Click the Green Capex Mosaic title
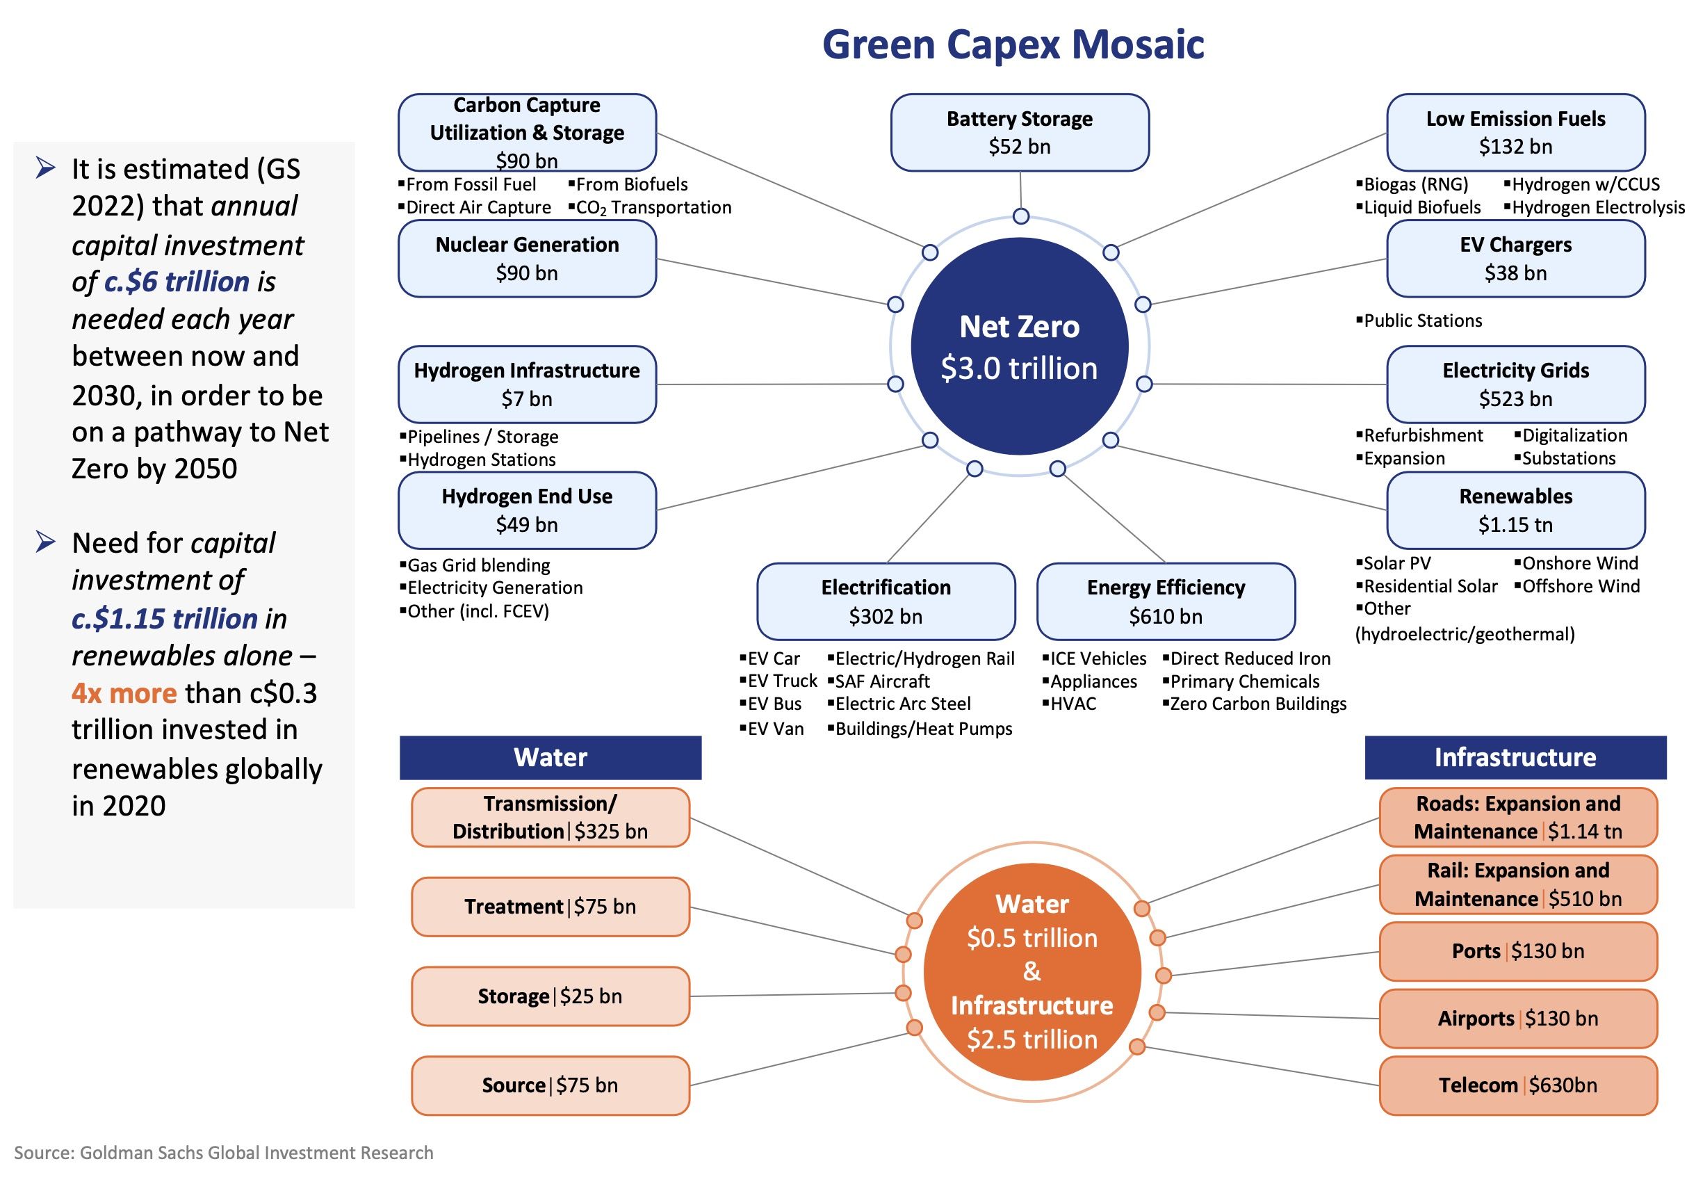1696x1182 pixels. tap(1013, 44)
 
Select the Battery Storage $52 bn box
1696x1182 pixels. tap(1020, 133)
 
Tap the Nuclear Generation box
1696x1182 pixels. tap(527, 259)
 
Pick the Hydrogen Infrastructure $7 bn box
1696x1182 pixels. tap(527, 384)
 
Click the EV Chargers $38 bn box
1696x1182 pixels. tap(1515, 259)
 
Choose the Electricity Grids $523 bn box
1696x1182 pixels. tap(1515, 384)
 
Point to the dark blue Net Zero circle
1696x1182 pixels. tap(1020, 346)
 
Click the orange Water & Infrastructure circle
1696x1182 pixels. tap(1032, 971)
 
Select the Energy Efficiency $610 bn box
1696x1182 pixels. tap(1166, 601)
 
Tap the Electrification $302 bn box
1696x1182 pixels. tap(886, 601)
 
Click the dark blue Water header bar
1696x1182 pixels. tap(551, 757)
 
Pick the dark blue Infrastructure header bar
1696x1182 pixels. tap(1515, 757)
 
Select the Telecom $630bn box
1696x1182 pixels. tap(1518, 1085)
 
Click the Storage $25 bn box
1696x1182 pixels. tap(551, 996)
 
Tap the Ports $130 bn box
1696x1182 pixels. tap(1518, 950)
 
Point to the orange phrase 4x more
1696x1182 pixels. tap(124, 693)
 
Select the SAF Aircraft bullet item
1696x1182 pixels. tap(882, 681)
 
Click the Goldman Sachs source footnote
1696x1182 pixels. tap(224, 1153)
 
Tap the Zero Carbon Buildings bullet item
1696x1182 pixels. tap(1258, 704)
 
